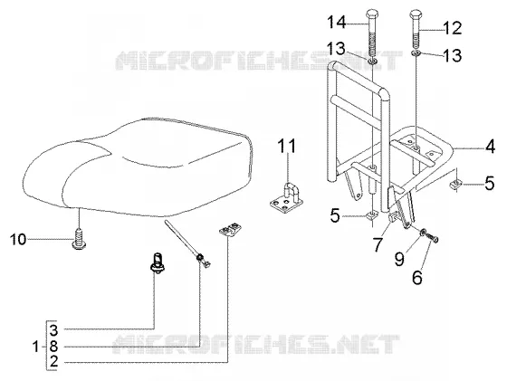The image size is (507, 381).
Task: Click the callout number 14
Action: [x=337, y=23]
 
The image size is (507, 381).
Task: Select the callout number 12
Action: [x=452, y=28]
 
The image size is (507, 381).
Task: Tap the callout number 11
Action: [x=287, y=146]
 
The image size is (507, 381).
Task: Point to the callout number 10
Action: [x=18, y=240]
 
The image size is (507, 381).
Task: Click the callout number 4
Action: [x=490, y=147]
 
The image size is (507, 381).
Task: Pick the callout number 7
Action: [x=378, y=244]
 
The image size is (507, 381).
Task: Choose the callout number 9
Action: [x=399, y=259]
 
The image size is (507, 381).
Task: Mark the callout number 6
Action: [x=417, y=278]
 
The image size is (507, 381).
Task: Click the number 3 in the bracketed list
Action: [x=53, y=330]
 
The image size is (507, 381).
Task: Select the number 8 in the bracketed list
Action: [x=53, y=347]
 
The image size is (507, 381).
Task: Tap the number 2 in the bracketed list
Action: [x=53, y=361]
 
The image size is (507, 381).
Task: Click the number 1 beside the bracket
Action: [x=36, y=348]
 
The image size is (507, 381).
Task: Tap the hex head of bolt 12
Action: [x=416, y=14]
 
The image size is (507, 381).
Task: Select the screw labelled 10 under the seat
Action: [x=79, y=240]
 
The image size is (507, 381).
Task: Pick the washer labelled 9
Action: [x=423, y=233]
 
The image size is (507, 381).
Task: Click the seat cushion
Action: [x=138, y=167]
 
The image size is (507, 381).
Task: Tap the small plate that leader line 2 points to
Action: [x=230, y=230]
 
